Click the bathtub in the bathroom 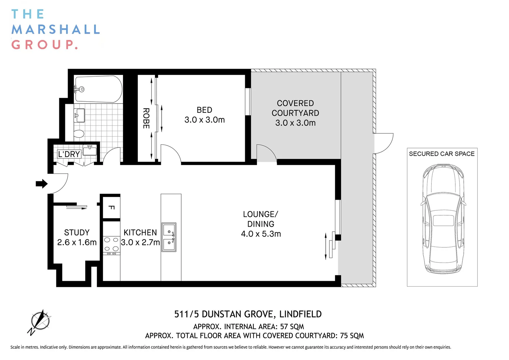tap(99, 89)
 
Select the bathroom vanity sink tap(79, 115)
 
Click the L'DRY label tap(69, 154)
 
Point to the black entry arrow tap(42, 184)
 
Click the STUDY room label tap(77, 232)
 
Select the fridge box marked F tap(111, 207)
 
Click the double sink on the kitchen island tap(169, 237)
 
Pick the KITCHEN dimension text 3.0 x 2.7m tap(140, 242)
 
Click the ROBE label tap(146, 118)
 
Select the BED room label tap(205, 110)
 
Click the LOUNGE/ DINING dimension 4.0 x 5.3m tap(261, 234)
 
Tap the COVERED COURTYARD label tap(295, 108)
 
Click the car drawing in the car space tap(442, 218)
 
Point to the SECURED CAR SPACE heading tap(442, 154)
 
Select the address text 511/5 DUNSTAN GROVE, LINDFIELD tap(248, 314)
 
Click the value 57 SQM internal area tap(292, 327)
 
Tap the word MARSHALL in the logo tap(56, 29)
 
